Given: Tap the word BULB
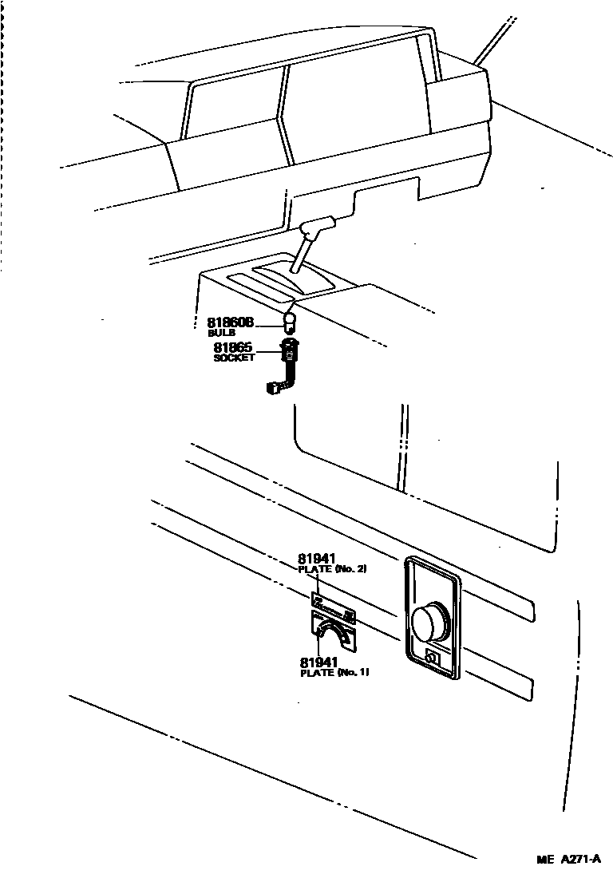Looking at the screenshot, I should [221, 332].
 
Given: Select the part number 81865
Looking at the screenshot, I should [232, 347].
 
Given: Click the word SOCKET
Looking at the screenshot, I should [233, 358].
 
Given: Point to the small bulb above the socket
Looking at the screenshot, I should [291, 322].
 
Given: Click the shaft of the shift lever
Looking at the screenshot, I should [299, 256].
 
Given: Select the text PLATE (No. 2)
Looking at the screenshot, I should [332, 569].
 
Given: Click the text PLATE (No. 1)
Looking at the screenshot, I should [334, 673].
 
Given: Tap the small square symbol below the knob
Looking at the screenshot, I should [433, 658].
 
